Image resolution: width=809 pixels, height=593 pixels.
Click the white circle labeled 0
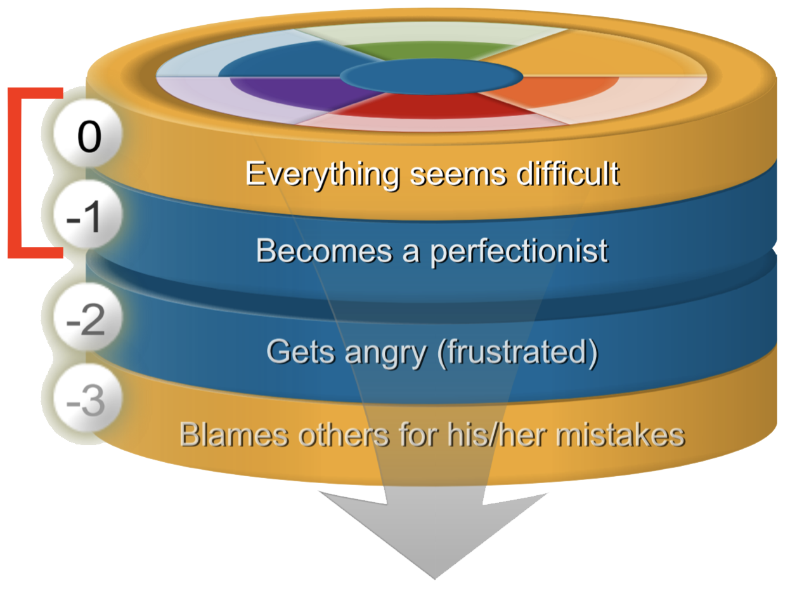click(87, 133)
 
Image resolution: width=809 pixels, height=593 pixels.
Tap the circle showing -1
click(87, 215)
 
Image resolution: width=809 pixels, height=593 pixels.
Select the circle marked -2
click(87, 317)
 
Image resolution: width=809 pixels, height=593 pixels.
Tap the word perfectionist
click(520, 252)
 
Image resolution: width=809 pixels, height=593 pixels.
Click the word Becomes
click(324, 251)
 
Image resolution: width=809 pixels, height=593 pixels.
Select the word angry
click(385, 354)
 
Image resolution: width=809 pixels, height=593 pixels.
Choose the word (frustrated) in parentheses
click(517, 352)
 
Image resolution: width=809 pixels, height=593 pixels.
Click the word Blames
click(234, 434)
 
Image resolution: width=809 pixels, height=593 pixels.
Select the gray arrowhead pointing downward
click(434, 535)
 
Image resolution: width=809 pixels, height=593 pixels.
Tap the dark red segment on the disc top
click(430, 107)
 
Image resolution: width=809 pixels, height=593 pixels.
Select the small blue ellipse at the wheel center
click(432, 77)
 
